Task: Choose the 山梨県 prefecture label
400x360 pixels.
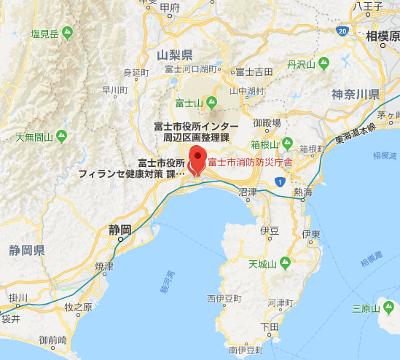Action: click(175, 55)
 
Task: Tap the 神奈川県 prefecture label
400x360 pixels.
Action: click(356, 94)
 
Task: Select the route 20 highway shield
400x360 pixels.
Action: click(342, 31)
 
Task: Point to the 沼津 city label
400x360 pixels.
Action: click(248, 192)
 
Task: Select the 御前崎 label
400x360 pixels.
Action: click(53, 340)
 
